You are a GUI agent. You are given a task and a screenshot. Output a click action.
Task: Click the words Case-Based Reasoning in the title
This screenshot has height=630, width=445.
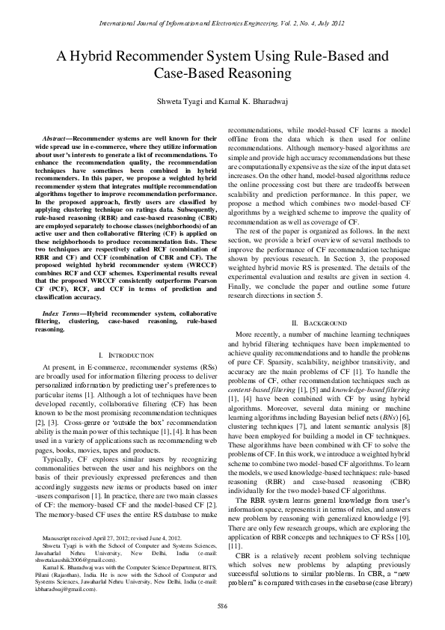222,74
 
